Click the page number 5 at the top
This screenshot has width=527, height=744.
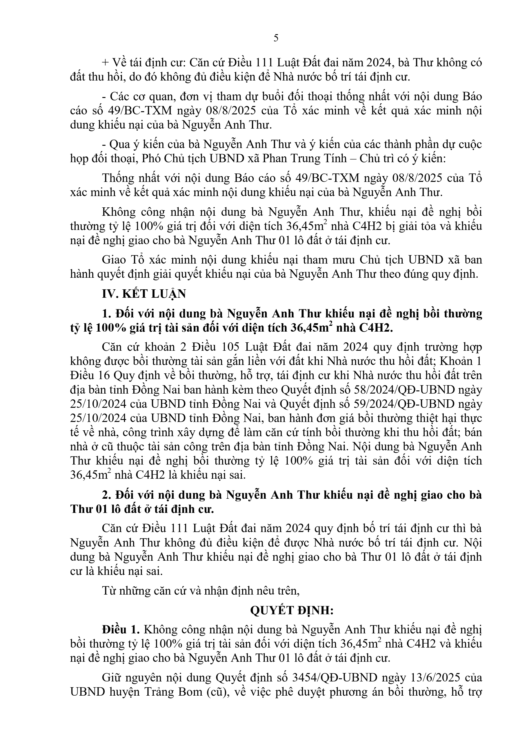(276, 38)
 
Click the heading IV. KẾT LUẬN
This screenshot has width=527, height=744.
(144, 294)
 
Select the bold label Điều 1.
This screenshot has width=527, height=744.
(120, 630)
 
